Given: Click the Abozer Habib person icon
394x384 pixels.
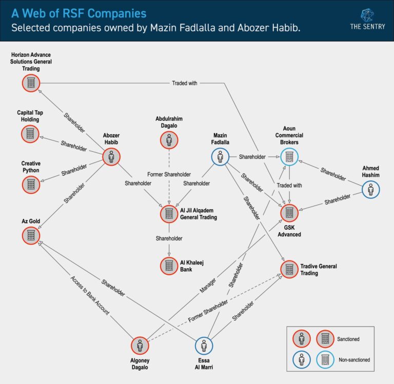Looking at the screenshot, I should [x=111, y=157].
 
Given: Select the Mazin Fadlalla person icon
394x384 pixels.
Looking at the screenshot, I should [x=220, y=157].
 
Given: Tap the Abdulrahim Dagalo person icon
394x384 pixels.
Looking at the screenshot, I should [x=169, y=139].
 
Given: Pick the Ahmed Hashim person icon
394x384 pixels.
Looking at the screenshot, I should [x=370, y=190].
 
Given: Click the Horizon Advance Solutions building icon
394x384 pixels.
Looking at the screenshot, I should [x=31, y=83].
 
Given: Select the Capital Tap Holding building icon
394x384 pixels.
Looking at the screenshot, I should [x=30, y=134].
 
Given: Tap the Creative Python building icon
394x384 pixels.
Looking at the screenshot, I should [x=30, y=184].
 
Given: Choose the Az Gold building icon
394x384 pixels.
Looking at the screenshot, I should [x=30, y=235].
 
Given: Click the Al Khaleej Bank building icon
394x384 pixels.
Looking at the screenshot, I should [x=169, y=265].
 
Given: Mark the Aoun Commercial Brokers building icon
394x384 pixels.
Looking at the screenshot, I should [x=289, y=157].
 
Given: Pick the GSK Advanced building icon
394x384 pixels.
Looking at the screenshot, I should [x=289, y=212].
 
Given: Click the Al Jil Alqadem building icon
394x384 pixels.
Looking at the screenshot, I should [x=169, y=213].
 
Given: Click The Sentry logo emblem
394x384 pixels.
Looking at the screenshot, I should [x=367, y=14].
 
